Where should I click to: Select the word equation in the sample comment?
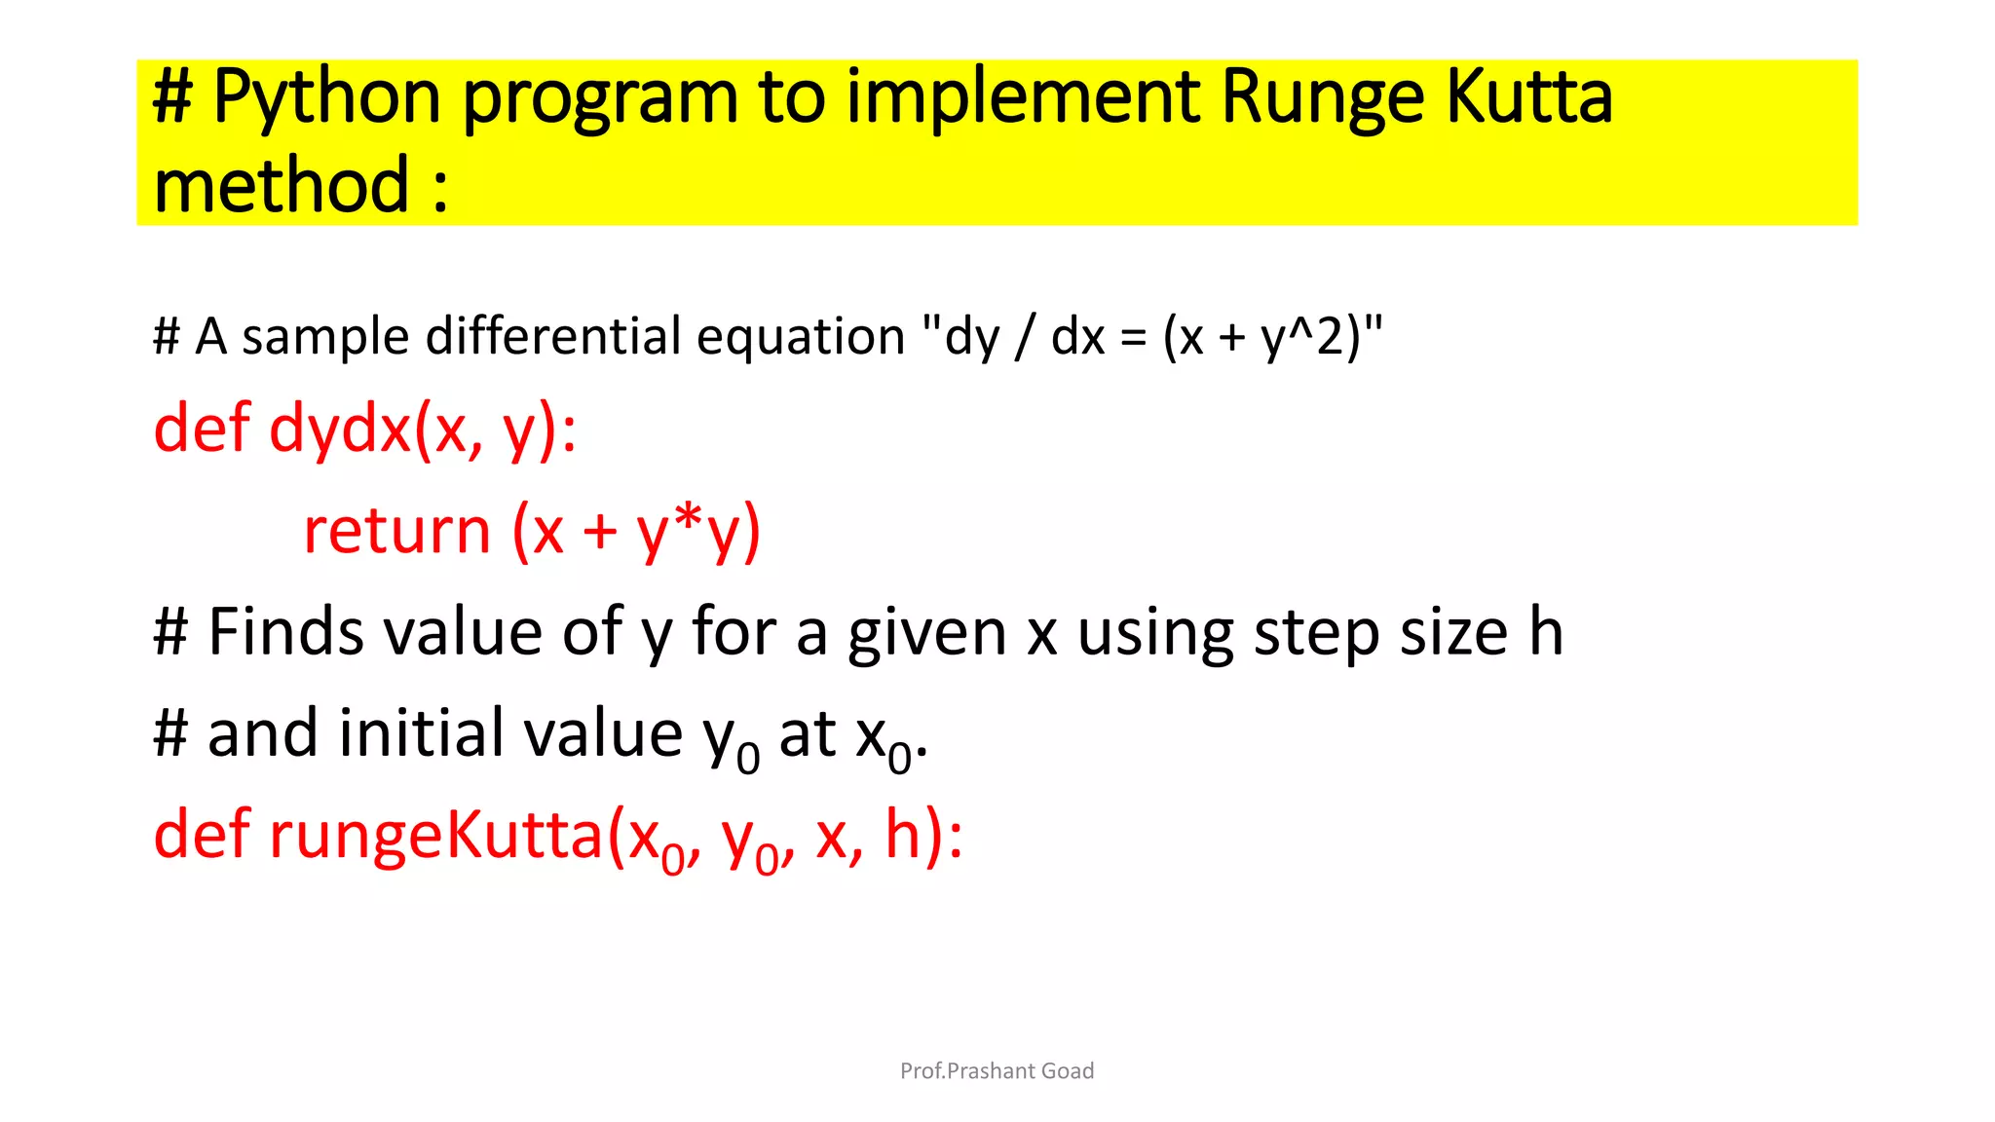(801, 336)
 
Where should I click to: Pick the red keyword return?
(396, 531)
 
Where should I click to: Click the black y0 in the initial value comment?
(731, 740)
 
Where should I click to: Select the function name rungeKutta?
(436, 835)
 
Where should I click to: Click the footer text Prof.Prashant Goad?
(997, 1070)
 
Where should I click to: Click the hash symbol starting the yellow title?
(172, 97)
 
